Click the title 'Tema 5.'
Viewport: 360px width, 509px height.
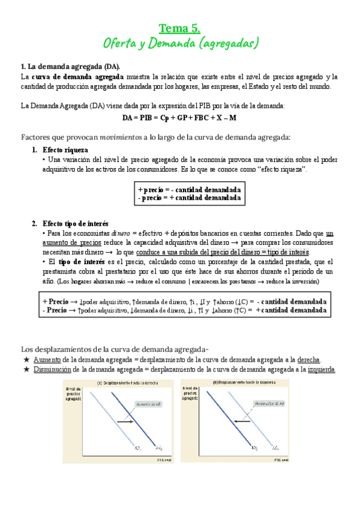coord(179,28)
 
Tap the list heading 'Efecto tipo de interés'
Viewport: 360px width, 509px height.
coord(76,224)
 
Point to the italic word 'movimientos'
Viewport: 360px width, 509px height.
coord(121,137)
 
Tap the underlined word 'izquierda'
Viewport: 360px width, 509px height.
coord(322,369)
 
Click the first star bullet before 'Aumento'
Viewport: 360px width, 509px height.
coord(26,359)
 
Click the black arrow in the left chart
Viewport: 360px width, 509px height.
coord(125,423)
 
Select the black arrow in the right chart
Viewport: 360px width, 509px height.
coord(242,422)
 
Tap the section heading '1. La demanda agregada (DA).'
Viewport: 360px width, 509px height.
coord(70,66)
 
